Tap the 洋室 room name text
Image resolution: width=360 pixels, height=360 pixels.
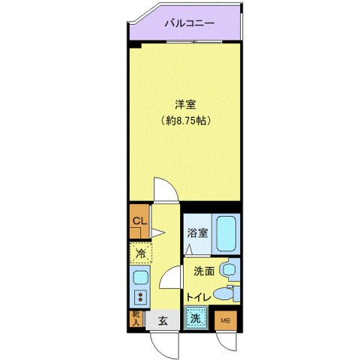(185, 104)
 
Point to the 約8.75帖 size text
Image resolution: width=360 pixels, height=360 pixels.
(185, 118)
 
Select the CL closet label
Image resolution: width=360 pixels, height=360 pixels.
(139, 220)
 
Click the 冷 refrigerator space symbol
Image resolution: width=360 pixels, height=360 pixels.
(139, 253)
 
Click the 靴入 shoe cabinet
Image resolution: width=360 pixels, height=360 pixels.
(136, 319)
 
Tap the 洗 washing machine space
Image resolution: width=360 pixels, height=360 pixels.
(195, 319)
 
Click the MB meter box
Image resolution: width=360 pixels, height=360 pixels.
(225, 321)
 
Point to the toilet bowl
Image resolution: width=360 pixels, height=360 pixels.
(221, 293)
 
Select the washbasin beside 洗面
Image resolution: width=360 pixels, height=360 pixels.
(230, 268)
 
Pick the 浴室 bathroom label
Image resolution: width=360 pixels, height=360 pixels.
(196, 232)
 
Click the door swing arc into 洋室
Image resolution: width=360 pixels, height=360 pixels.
(164, 189)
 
